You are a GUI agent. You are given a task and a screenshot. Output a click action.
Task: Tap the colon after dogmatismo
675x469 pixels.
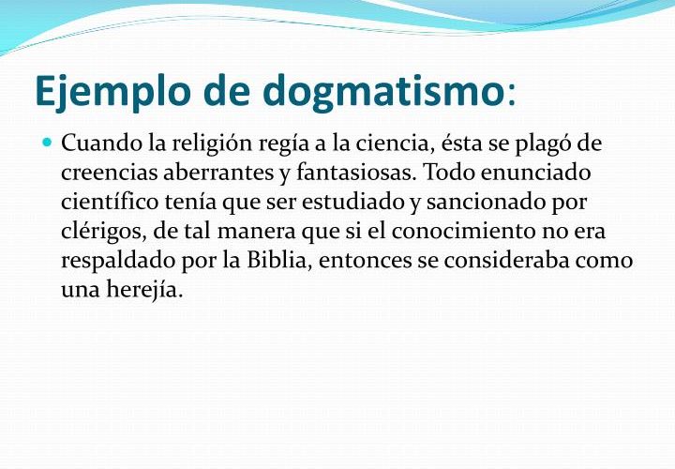tap(511, 97)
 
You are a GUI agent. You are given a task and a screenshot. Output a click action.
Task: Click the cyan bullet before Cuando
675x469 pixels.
tap(48, 142)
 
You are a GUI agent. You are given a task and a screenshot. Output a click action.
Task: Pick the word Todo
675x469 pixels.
tap(449, 173)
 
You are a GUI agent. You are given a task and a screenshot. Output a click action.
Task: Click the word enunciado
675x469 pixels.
tap(535, 173)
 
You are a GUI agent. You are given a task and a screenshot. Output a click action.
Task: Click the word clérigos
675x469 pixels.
tap(104, 233)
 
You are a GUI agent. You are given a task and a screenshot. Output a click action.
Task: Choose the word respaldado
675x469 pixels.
tap(118, 262)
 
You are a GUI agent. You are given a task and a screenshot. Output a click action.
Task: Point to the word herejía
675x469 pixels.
tap(144, 290)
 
